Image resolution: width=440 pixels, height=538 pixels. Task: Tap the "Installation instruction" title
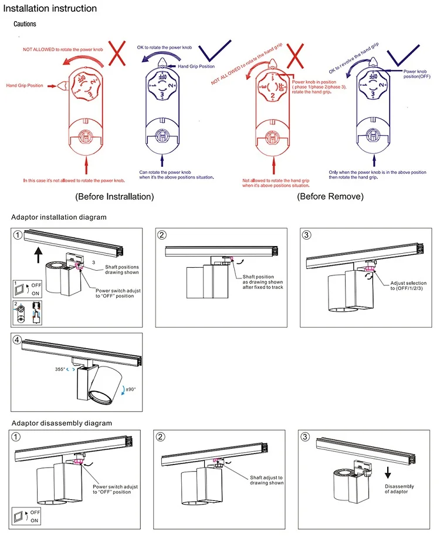click(50, 9)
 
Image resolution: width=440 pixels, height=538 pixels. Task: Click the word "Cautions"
click(25, 24)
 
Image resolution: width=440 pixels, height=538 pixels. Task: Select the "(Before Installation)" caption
click(114, 196)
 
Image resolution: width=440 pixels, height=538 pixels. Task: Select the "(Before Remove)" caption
click(330, 196)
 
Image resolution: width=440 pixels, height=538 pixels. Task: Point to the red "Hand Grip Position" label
click(25, 86)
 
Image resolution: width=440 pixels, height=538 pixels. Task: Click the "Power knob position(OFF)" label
click(418, 73)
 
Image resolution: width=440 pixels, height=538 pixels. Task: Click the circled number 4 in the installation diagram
click(18, 340)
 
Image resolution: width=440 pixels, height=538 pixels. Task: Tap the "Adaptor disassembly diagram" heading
click(62, 423)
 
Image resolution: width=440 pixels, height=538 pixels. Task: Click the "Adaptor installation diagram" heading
click(59, 217)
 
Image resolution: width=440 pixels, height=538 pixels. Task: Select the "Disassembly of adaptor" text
click(400, 489)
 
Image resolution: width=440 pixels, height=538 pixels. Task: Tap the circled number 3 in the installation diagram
click(307, 235)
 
